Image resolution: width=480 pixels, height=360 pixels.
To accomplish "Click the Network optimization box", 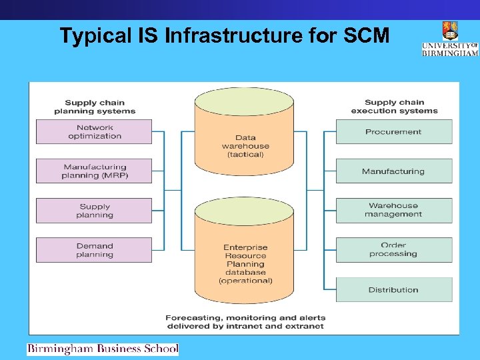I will pos(94,132).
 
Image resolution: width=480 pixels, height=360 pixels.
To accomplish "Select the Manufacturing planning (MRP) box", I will pos(94,171).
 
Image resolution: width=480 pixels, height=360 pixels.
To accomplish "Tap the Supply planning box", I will pos(94,211).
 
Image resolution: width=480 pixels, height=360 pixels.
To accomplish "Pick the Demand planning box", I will pos(94,250).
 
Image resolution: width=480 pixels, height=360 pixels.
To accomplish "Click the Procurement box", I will pos(393,132).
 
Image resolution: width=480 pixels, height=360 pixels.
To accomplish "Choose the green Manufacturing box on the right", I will pos(393,171).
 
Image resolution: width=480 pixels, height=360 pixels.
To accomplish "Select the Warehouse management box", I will pos(393,211).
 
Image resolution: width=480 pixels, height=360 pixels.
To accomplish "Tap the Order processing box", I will pos(393,250).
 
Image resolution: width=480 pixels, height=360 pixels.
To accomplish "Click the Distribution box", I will pos(393,290).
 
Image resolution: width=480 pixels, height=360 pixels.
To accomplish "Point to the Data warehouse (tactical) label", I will pos(245,146).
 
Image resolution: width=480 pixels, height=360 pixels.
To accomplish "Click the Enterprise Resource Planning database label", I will pos(245,264).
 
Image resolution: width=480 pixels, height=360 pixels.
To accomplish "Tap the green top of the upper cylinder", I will pos(244,102).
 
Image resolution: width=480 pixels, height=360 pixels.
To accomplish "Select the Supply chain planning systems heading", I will pos(94,107).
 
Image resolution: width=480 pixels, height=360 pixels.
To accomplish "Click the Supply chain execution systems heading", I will pos(394,107).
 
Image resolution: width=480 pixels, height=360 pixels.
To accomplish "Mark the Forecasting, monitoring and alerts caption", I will pos(245,322).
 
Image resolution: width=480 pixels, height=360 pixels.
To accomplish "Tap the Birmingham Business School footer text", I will pos(103,349).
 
